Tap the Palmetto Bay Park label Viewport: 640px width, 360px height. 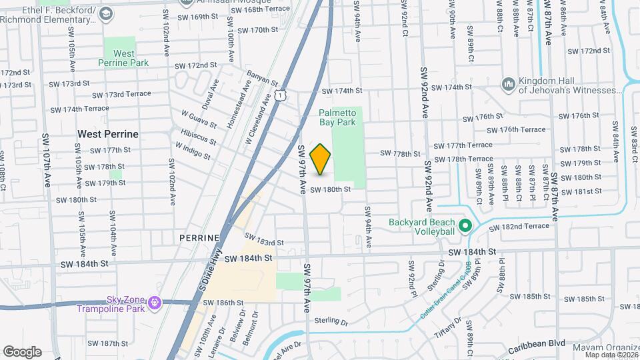click(x=337, y=118)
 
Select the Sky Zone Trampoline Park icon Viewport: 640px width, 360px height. click(x=155, y=303)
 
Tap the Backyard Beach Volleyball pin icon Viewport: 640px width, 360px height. click(x=465, y=227)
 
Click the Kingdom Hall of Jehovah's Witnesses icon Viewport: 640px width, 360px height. click(x=508, y=84)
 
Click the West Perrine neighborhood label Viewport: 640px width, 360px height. click(x=108, y=134)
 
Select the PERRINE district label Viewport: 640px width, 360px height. click(x=199, y=237)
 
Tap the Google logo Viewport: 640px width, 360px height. click(x=22, y=351)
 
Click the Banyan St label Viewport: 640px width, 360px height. click(x=261, y=79)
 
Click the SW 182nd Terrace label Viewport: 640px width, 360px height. click(x=519, y=227)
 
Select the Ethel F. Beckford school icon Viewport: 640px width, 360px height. click(x=106, y=14)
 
